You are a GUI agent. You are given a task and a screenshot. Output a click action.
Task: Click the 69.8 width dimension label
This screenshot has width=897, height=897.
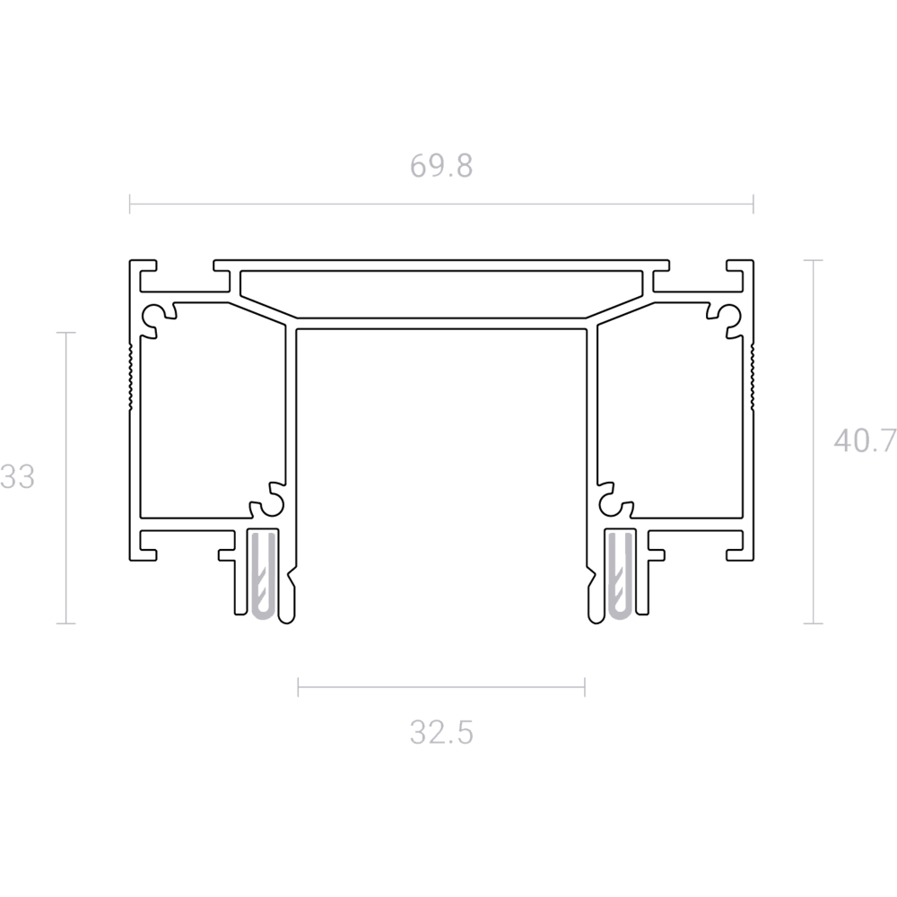(x=441, y=166)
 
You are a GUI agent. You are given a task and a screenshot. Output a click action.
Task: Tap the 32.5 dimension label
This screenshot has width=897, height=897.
(x=441, y=732)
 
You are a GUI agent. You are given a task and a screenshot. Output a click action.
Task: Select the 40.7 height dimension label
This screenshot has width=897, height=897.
(x=865, y=440)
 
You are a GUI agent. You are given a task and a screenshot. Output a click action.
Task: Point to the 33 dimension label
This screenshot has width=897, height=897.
(x=17, y=476)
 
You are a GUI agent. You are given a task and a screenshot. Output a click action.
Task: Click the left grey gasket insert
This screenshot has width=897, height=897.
(x=265, y=575)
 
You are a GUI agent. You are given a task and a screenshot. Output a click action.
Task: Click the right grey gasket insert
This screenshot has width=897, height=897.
(x=620, y=575)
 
